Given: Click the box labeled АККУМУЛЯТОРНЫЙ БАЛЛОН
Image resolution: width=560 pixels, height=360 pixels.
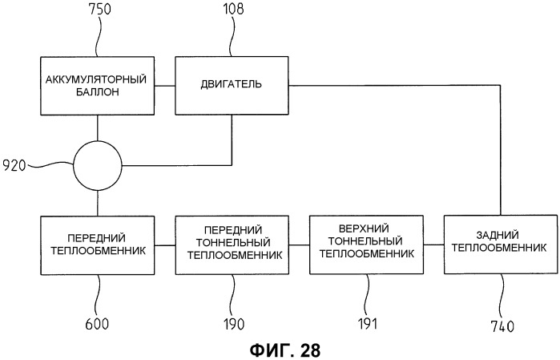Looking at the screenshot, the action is [x=98, y=86].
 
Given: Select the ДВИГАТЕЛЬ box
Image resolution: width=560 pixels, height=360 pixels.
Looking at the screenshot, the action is [x=232, y=86].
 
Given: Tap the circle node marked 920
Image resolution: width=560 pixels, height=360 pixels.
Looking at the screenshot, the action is [x=98, y=166].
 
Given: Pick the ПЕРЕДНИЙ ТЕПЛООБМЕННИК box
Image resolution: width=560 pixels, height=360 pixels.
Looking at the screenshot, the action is [x=98, y=245].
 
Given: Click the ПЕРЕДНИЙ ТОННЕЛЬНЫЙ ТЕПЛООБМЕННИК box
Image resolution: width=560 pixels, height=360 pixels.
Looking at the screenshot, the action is [x=232, y=245].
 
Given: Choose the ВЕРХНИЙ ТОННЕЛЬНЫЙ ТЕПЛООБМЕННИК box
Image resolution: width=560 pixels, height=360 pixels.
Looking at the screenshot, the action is [x=366, y=245].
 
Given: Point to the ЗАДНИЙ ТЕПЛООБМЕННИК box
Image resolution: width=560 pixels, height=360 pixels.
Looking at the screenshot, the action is [x=501, y=245].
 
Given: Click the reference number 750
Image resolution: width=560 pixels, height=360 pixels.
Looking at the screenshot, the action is [x=99, y=9].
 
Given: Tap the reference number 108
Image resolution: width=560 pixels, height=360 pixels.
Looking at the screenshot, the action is [x=234, y=9].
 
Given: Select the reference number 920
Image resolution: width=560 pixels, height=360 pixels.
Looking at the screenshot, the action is [x=14, y=165].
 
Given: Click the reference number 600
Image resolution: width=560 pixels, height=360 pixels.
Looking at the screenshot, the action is [x=97, y=324].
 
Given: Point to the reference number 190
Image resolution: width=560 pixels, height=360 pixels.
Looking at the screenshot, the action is [x=234, y=324].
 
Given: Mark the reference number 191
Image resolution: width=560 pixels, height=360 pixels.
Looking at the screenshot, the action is [x=368, y=323].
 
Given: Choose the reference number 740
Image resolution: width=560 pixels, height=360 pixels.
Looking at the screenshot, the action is [x=502, y=326].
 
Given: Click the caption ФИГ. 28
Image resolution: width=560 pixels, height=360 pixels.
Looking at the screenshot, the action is [x=285, y=350].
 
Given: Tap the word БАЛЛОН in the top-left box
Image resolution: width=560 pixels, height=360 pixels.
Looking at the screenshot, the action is [x=98, y=92].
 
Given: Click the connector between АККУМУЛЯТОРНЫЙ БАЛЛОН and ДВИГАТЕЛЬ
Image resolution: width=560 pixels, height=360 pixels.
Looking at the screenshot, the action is [x=165, y=86].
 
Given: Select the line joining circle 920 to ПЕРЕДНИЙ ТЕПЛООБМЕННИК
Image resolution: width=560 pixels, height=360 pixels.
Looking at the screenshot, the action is [x=98, y=203].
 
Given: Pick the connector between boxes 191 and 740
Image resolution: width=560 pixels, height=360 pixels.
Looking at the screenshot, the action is [x=433, y=245].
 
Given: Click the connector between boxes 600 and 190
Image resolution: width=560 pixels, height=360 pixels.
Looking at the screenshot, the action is [x=165, y=245].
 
